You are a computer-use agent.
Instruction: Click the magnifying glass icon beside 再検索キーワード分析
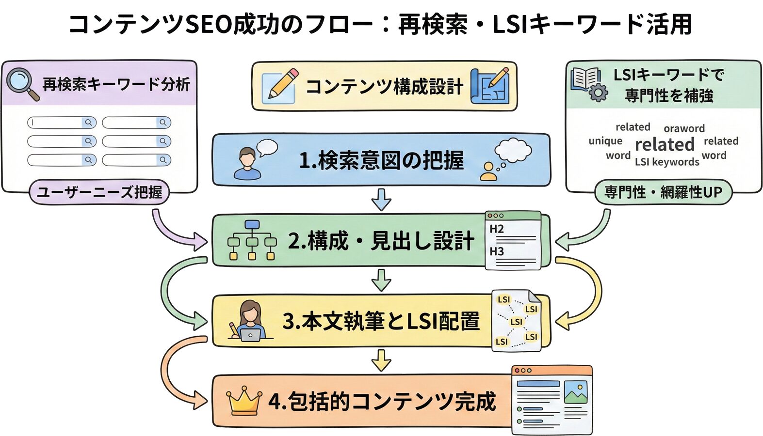22,84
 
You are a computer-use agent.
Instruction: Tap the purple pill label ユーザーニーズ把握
99,192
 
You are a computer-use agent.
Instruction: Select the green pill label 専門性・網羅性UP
663,192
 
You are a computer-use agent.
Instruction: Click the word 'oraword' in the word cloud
684,128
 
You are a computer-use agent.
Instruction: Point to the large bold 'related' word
665,144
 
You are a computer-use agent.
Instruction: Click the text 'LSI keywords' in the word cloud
667,162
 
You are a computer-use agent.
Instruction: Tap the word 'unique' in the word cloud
605,141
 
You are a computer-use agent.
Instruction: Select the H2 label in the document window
496,229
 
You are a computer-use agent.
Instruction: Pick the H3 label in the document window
496,251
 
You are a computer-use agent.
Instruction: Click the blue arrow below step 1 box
381,199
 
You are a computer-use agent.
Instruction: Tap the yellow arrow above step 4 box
381,360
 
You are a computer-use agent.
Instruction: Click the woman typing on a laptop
249,321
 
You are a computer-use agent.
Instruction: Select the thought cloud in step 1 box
513,150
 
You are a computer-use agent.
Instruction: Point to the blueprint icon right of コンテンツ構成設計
490,86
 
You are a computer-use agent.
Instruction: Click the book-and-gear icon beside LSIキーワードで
588,84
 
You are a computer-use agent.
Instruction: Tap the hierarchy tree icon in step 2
252,240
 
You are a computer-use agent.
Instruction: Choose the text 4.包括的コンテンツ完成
382,401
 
